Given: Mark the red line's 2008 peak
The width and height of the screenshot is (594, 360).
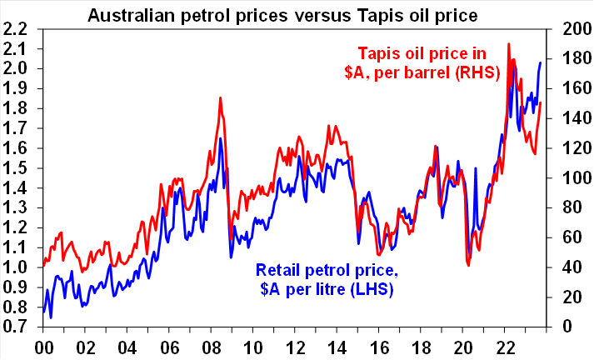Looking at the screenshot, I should click(220, 97).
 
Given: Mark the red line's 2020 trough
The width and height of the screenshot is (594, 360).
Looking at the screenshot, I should click(468, 265).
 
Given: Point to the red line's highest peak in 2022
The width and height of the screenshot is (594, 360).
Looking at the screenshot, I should click(509, 43).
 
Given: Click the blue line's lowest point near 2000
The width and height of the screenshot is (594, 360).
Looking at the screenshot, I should click(51, 317).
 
